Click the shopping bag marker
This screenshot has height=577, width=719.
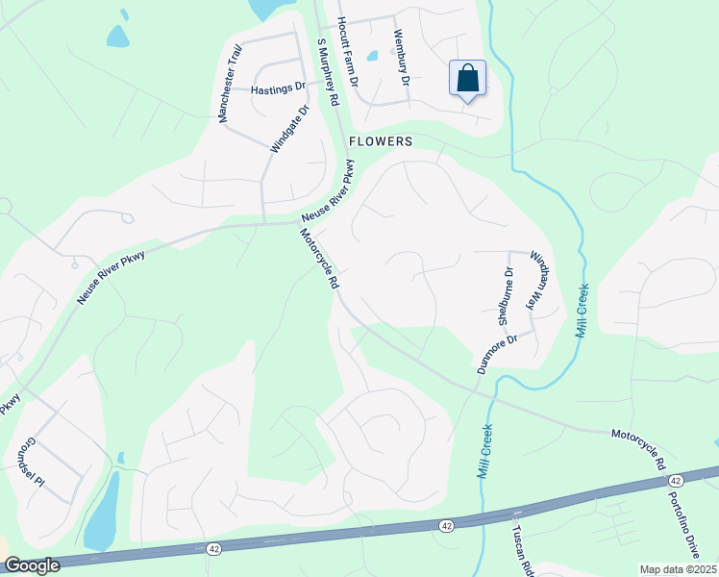point(467,79)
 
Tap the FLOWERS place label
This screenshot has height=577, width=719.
point(381,141)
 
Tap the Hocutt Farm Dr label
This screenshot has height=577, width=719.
point(347,54)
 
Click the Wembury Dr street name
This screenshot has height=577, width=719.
point(401,58)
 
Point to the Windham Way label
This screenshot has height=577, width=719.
point(538,279)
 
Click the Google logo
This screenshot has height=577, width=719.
point(31,566)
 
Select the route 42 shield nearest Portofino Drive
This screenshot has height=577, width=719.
point(676,480)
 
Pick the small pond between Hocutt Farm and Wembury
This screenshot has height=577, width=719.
point(372,55)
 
